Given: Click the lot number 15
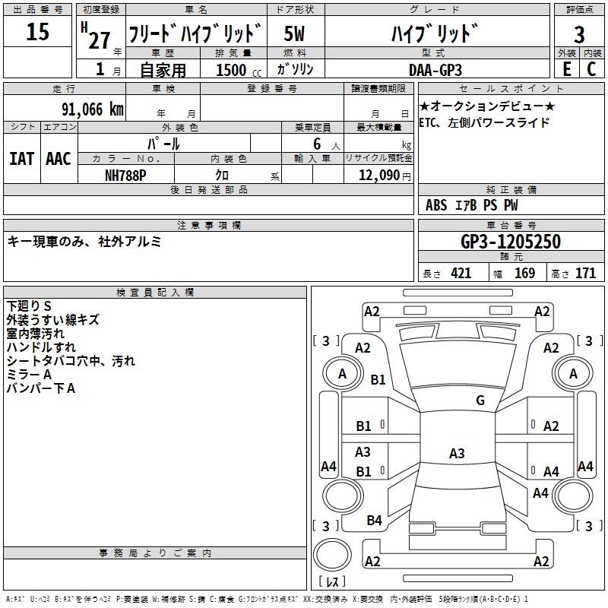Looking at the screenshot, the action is (37, 31).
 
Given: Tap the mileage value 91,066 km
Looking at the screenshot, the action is (93, 109).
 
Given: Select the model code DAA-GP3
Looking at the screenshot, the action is (435, 70).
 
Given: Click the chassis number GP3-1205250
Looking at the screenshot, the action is (511, 242).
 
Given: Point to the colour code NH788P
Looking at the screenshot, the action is (125, 176).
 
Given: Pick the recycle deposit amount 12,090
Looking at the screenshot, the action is (378, 176).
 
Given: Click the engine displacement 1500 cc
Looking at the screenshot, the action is (239, 70).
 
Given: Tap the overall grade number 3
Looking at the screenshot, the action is (579, 34).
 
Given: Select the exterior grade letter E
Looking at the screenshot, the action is (566, 69).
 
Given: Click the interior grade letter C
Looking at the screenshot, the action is (591, 69).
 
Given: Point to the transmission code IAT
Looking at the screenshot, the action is (22, 159).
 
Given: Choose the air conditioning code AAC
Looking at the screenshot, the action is (59, 159).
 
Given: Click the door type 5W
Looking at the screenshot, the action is (294, 33).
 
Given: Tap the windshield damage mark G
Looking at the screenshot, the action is (480, 401).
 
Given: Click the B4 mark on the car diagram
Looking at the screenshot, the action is (374, 520).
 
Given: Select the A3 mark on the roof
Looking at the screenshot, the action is (457, 453).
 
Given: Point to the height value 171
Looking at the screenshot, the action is (585, 274).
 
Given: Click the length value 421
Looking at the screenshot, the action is (461, 274).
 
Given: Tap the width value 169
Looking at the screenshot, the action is (524, 274).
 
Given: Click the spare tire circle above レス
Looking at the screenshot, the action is (332, 555).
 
